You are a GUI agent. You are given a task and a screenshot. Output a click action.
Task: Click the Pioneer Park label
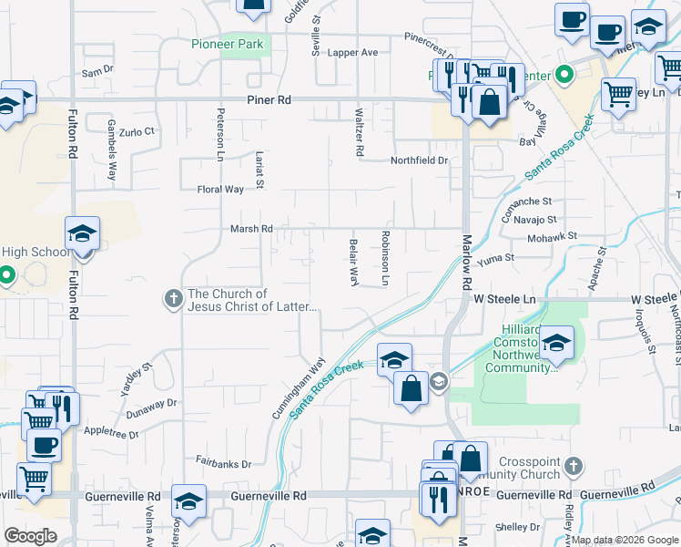click(227, 44)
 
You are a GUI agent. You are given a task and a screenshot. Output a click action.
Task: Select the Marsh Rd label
click(252, 229)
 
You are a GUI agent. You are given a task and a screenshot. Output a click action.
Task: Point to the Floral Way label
click(221, 190)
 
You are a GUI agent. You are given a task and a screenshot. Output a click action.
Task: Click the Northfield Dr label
click(420, 160)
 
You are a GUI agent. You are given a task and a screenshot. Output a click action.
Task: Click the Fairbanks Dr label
click(223, 463)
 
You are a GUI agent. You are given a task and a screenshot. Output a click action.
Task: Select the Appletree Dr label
click(110, 433)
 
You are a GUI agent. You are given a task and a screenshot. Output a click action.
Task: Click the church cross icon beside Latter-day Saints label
click(173, 298)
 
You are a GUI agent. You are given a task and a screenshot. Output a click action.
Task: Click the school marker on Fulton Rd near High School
click(82, 235)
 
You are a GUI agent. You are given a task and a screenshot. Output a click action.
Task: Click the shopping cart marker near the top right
click(619, 92)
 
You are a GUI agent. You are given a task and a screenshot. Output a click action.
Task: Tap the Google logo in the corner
click(31, 536)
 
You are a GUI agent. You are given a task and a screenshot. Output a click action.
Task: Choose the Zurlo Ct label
click(137, 132)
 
